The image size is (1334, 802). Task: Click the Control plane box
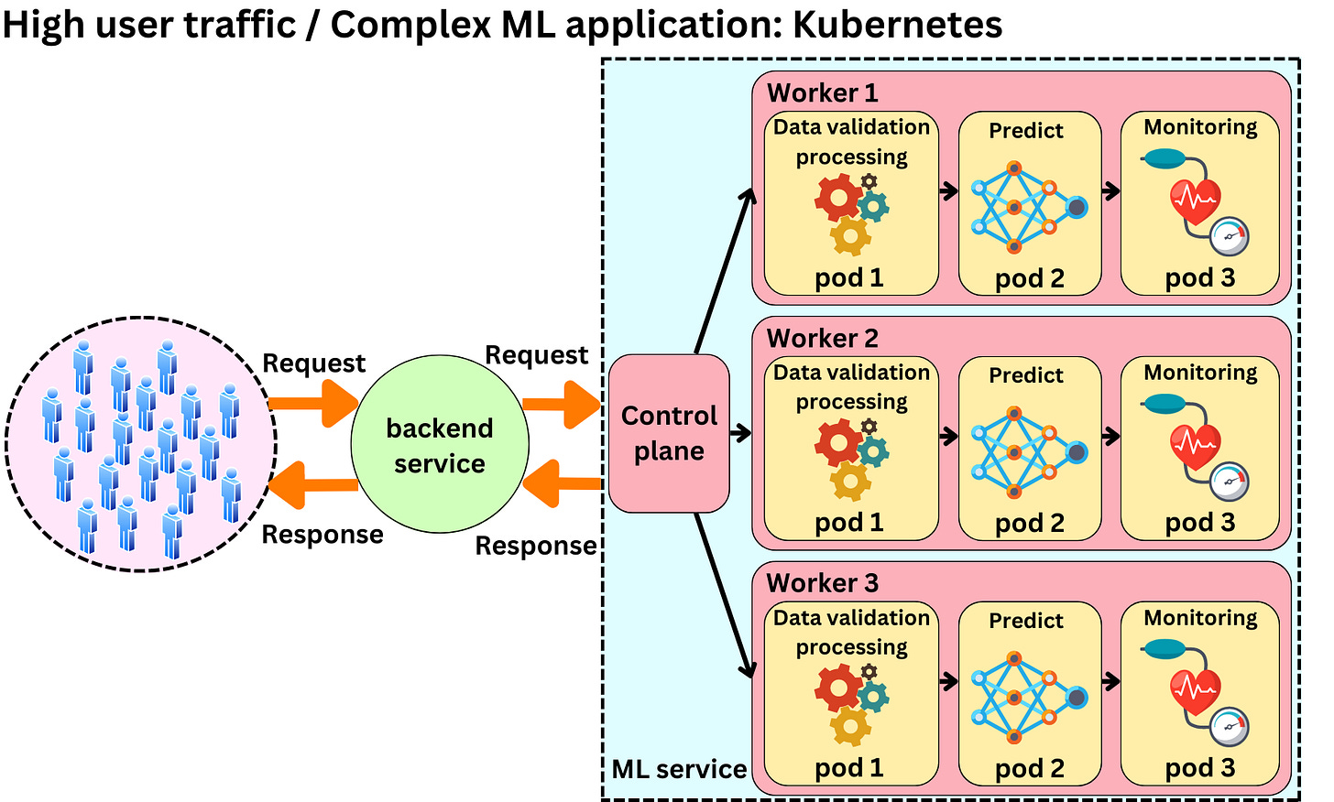669,433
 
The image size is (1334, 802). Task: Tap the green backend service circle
440,445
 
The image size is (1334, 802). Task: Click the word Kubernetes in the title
897,25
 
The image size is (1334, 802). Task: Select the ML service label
679,769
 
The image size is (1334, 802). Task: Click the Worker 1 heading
822,92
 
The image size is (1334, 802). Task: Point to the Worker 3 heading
822,583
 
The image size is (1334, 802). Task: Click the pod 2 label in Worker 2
1030,523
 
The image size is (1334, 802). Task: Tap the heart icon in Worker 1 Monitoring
1195,200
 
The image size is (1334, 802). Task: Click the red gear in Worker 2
838,442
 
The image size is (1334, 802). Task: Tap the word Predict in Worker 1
1026,131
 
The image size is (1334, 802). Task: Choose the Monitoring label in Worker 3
1200,618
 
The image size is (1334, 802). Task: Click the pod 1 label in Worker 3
849,768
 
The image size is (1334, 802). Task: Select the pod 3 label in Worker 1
1200,277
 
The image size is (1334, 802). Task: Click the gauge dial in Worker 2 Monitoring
1229,482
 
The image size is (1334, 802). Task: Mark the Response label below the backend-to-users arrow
323,535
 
